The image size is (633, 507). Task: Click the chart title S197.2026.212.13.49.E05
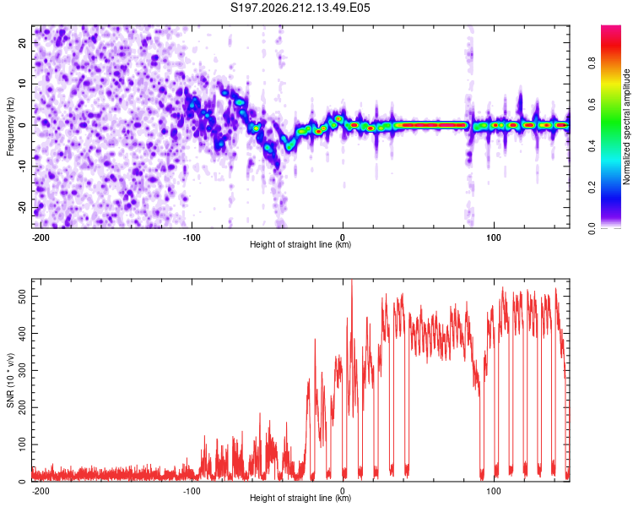click(x=300, y=8)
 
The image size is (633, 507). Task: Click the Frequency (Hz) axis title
click(x=10, y=127)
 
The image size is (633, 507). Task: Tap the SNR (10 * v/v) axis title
click(x=10, y=380)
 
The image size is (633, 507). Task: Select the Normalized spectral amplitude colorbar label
click(x=626, y=127)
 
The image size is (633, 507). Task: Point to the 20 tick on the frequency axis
click(x=22, y=42)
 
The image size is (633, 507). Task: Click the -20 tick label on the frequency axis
click(x=22, y=208)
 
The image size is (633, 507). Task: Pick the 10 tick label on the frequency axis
click(x=22, y=84)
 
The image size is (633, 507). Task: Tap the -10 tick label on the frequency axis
click(x=22, y=166)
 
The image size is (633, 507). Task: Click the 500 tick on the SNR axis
click(x=22, y=297)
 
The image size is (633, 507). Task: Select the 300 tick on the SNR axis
click(x=22, y=370)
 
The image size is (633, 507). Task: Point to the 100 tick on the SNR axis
click(x=22, y=444)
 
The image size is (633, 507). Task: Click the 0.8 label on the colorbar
click(x=592, y=63)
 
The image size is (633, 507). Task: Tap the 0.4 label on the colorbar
click(x=592, y=146)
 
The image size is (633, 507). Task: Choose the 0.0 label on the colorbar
click(x=592, y=229)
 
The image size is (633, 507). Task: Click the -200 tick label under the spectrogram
click(x=41, y=237)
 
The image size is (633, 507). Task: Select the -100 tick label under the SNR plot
click(x=192, y=491)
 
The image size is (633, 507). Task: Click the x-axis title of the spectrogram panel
click(x=300, y=244)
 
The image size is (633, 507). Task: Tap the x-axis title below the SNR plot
click(x=300, y=498)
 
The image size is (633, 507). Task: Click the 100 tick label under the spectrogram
click(x=494, y=237)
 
